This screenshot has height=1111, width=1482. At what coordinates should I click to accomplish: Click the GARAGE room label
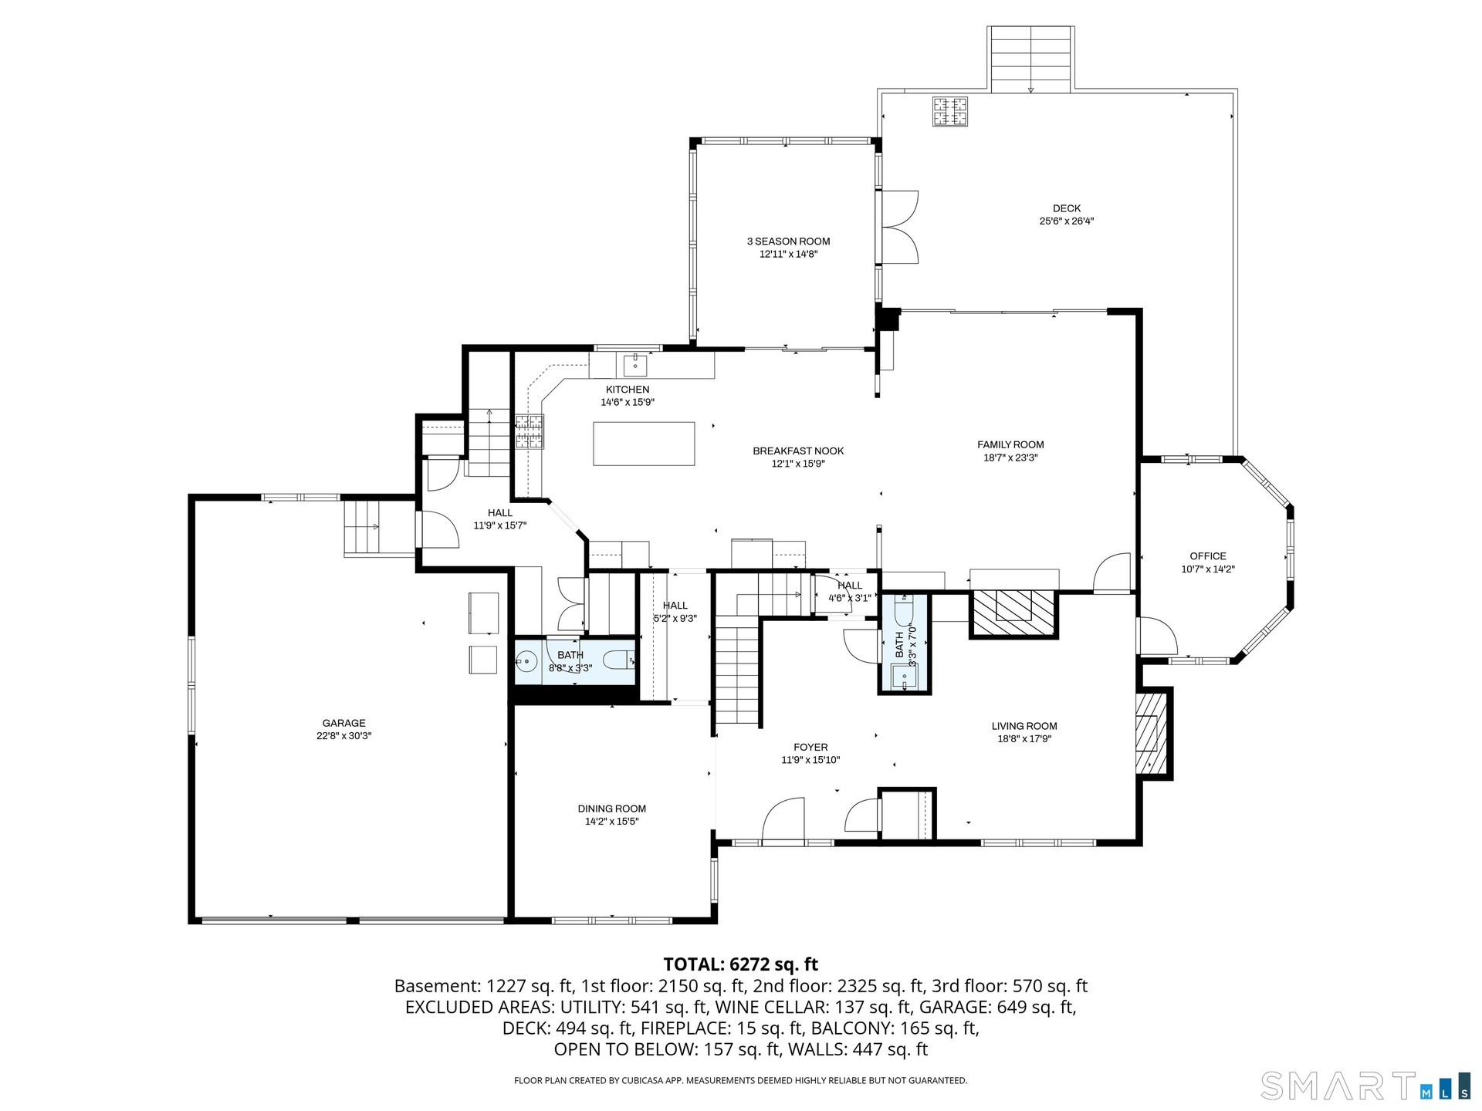[x=344, y=723]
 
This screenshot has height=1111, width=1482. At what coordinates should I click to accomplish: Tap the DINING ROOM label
[x=612, y=809]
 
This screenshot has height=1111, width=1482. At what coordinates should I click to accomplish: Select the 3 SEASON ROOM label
[x=788, y=241]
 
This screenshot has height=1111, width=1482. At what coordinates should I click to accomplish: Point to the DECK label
[x=1067, y=208]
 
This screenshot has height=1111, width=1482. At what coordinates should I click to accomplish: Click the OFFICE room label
[x=1208, y=556]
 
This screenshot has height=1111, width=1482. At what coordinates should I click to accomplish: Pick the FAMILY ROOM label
[x=1010, y=444]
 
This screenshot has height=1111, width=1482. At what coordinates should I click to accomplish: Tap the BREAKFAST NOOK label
[x=798, y=451]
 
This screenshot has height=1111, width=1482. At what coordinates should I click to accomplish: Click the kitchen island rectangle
[x=644, y=444]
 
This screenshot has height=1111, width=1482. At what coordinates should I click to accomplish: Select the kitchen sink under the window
[x=635, y=362]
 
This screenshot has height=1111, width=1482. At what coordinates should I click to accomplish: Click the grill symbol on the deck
[x=950, y=111]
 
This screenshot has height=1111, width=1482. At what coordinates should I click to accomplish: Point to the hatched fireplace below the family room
[x=1013, y=614]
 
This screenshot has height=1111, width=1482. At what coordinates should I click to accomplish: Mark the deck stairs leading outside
[x=1030, y=59]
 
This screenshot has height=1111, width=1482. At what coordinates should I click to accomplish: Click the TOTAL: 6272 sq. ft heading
[x=740, y=964]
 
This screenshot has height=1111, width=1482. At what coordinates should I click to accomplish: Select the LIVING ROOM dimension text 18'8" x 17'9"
[x=1024, y=739]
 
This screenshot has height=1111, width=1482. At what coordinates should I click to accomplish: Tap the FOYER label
[x=810, y=748]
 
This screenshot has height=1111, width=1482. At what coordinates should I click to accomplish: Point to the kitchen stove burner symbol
[x=530, y=432]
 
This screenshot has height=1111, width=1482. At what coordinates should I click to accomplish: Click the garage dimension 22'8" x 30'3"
[x=344, y=736]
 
